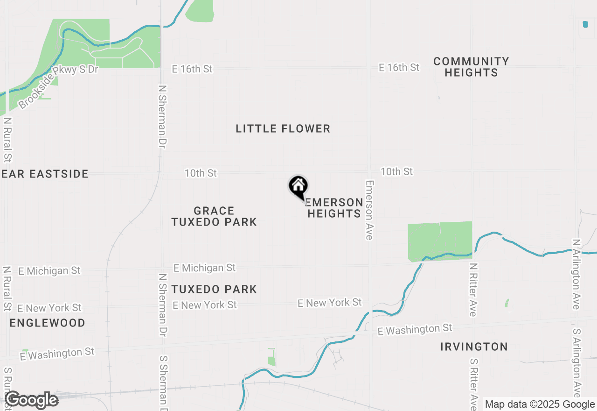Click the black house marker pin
[x=298, y=187]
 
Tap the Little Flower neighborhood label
[x=283, y=128]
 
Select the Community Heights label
[x=471, y=67]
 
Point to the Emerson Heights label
[x=334, y=208]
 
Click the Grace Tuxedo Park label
[x=214, y=216]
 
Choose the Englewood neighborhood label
[x=47, y=323]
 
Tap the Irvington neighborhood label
[x=474, y=347]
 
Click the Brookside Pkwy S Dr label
[x=59, y=87]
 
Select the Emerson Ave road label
[x=369, y=210]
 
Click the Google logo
[x=31, y=400]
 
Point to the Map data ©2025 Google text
[x=540, y=404]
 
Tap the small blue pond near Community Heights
[x=585, y=24]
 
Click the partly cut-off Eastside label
[x=45, y=174]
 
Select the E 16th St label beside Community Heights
[x=399, y=68]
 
